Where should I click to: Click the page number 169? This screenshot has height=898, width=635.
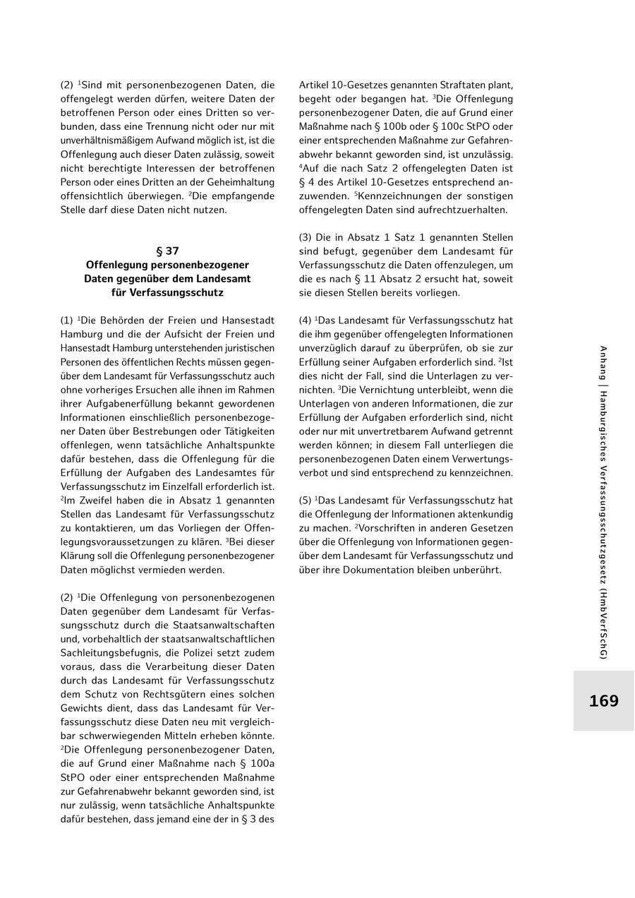(603, 701)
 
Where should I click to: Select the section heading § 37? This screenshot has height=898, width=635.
(167, 251)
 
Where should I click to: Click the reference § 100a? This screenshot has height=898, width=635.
(253, 763)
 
